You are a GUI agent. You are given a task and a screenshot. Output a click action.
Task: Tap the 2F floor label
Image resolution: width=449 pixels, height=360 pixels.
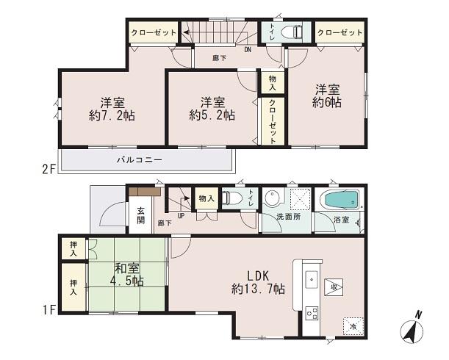click(49, 170)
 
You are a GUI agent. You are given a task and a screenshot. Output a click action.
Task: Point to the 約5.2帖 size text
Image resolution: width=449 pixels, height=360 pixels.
click(212, 115)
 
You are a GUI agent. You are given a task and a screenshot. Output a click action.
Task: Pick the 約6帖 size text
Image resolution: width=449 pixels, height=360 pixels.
click(326, 103)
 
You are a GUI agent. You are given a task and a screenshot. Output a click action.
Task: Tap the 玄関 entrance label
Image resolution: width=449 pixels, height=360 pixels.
click(140, 215)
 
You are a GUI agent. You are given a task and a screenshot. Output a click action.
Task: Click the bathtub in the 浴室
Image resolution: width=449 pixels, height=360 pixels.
click(340, 199)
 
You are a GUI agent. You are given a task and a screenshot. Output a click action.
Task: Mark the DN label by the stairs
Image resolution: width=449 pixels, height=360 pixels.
click(248, 50)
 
